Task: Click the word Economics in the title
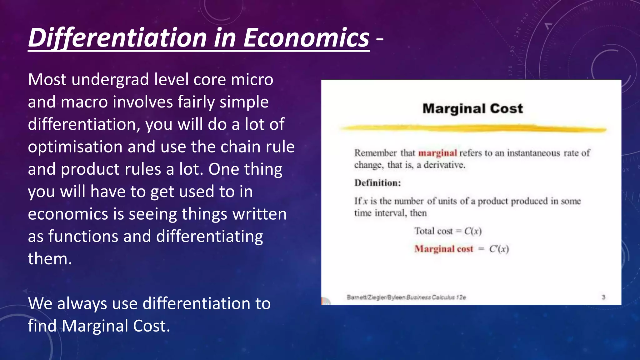click(306, 38)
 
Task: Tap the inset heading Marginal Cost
click(472, 108)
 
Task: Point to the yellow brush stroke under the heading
click(472, 128)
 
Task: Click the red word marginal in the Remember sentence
click(437, 153)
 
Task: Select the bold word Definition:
click(377, 183)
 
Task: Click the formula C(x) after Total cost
click(473, 231)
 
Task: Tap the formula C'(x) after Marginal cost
click(499, 249)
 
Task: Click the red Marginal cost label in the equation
click(444, 249)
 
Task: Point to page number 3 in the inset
click(603, 297)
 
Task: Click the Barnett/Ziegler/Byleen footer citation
click(406, 297)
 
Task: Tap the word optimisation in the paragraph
click(75, 147)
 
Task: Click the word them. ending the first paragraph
click(50, 259)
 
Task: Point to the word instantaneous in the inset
click(533, 153)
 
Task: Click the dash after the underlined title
click(380, 40)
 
